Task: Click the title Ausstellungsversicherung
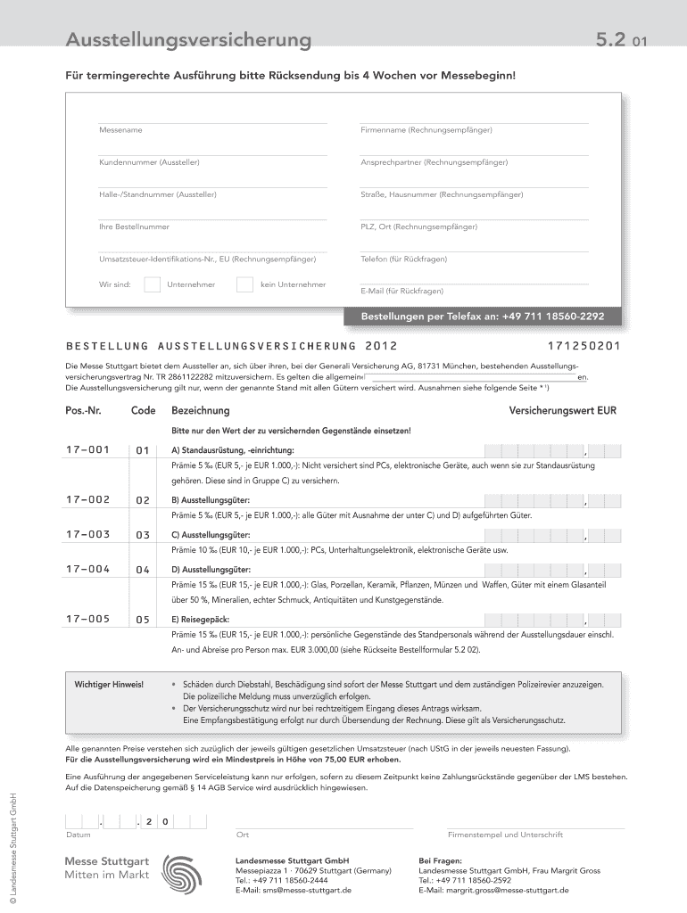click(188, 40)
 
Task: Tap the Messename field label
click(120, 130)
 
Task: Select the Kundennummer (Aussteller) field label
click(149, 162)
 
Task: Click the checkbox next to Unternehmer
click(153, 284)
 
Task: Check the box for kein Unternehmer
click(244, 284)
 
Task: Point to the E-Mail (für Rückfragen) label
click(401, 291)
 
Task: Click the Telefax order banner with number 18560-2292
click(482, 317)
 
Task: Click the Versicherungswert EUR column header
click(562, 411)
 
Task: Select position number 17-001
click(87, 450)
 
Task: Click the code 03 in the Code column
click(142, 536)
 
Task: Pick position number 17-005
click(87, 619)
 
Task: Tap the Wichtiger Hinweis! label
click(109, 684)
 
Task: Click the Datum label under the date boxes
click(78, 835)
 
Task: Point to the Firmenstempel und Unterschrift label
click(505, 835)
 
